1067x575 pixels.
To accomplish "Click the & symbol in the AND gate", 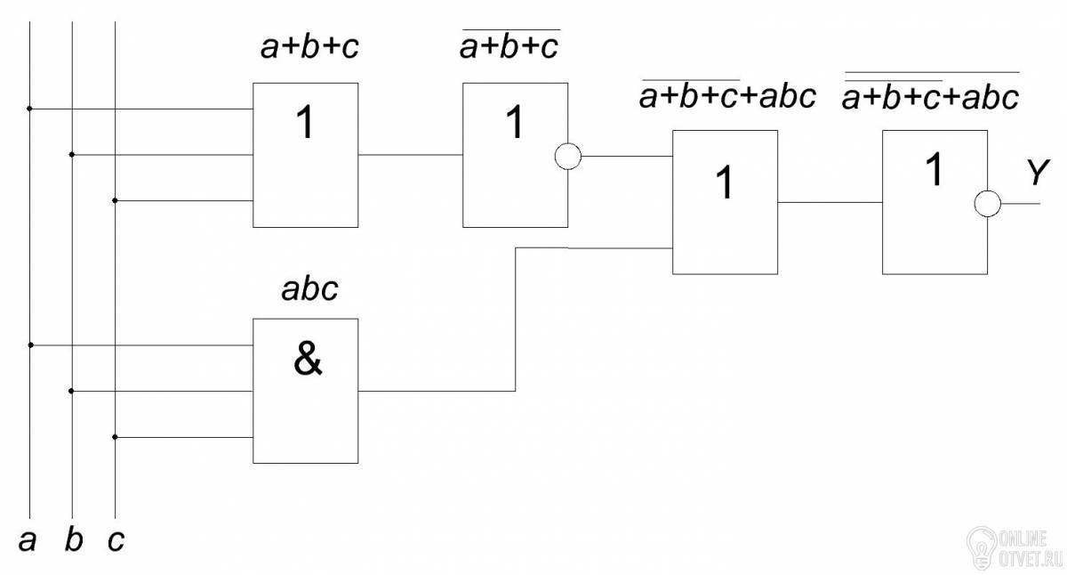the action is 308,359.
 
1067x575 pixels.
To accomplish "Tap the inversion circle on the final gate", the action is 988,204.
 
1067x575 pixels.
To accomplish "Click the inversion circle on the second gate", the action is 568,156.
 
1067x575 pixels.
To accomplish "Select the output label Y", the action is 1038,172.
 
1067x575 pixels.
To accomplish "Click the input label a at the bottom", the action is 28,541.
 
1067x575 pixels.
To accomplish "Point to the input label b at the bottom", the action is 73,539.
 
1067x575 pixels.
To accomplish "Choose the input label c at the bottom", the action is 116,541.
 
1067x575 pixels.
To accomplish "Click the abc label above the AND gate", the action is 309,289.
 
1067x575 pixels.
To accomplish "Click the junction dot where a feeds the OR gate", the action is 29,109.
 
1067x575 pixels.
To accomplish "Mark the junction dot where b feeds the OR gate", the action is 72,155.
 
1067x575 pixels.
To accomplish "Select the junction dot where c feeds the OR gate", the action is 115,201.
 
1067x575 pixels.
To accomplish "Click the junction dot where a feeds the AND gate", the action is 30,344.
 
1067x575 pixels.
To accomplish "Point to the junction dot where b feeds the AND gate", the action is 71,391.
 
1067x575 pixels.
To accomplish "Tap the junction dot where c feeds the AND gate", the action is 115,437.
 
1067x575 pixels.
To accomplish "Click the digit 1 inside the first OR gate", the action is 305,122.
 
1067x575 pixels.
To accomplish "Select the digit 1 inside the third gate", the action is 724,182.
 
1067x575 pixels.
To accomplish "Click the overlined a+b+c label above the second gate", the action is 509,45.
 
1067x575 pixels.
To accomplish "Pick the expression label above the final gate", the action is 931,92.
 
